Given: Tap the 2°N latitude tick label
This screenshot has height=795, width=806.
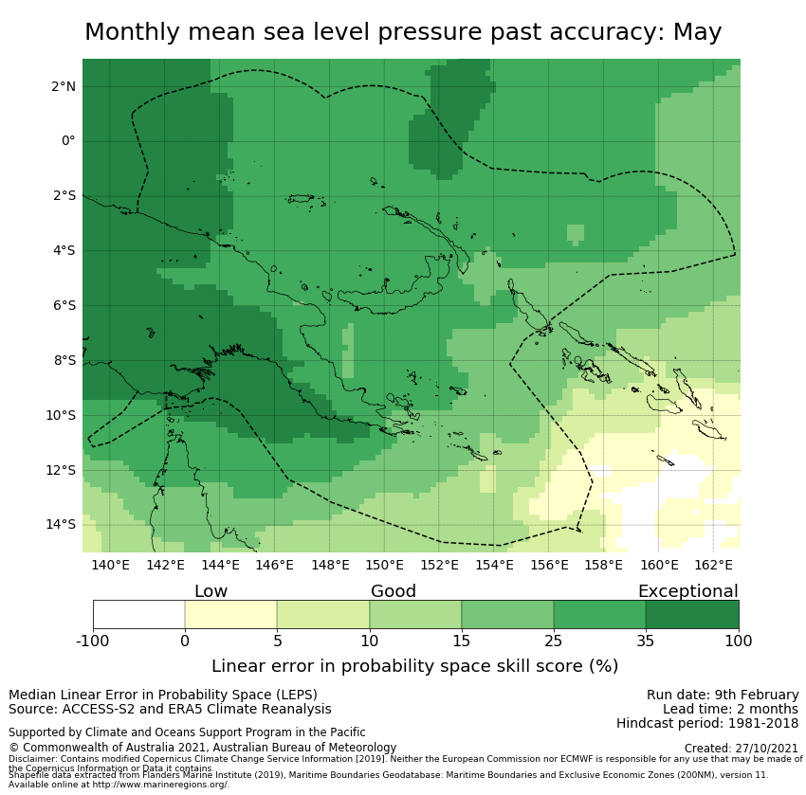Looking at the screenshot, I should pos(63,86).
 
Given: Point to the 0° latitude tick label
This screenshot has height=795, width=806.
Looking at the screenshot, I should pos(68,141).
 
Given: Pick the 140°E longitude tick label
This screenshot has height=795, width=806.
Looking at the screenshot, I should pos(110,566).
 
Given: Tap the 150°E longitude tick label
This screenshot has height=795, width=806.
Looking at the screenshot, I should pos(385,566).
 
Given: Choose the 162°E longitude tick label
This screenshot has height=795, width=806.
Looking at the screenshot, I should pos(714,566).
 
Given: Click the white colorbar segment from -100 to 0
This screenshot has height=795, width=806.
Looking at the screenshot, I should pos(138,614).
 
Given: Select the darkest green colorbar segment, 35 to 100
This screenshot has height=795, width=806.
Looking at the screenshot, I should pos(692,614).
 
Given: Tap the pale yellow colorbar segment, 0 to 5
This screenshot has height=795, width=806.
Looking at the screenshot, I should pos(230,614).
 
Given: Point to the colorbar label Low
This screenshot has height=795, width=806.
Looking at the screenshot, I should pos(211,591).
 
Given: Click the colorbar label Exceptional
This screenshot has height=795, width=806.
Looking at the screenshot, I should pos(687,591).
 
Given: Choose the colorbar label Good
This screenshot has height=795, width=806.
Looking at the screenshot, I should pos(394,591).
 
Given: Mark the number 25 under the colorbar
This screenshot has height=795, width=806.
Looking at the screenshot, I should pos(553,641).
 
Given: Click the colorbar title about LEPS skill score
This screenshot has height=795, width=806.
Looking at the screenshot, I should pos(414,666).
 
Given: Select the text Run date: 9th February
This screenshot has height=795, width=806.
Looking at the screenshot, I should pos(723,695).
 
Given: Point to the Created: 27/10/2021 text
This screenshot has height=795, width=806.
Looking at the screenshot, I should pos(742,749).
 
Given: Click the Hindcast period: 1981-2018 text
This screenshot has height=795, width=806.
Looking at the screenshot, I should pos(707,724).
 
